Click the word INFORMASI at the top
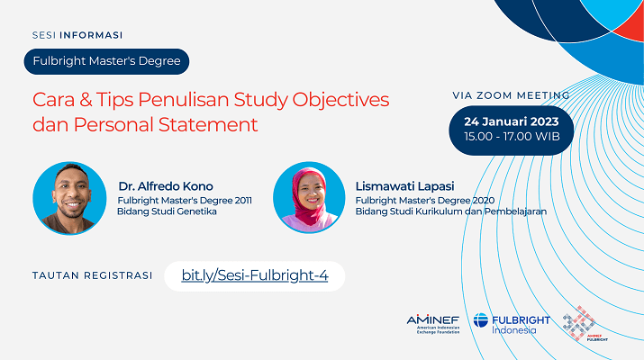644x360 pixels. pos(91,35)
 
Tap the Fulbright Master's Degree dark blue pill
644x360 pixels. pos(106,61)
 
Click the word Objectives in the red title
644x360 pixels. pos(340,100)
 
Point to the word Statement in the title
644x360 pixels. pos(208,125)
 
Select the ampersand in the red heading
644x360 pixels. pos(86,100)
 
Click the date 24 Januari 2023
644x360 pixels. pos(512,121)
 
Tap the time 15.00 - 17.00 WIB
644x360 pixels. pos(512,137)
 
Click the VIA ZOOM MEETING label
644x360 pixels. pos(511,95)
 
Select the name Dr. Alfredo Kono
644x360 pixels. pos(166,186)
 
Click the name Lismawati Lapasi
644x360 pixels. pos(404,186)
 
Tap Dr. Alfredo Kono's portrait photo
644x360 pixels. pos(69,198)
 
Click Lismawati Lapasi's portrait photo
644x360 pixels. pos(309,197)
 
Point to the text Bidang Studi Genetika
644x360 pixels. pos(167,211)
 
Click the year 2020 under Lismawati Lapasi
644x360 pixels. pos(484,201)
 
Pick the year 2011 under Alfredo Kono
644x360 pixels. pos(243,201)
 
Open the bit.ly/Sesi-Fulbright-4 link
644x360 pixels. pos(255,275)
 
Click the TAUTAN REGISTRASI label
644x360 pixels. pos(93,275)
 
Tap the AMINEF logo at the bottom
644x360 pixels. pos(433,324)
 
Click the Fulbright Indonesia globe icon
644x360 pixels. pos(481,320)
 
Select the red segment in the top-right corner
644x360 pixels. pos(630,23)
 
